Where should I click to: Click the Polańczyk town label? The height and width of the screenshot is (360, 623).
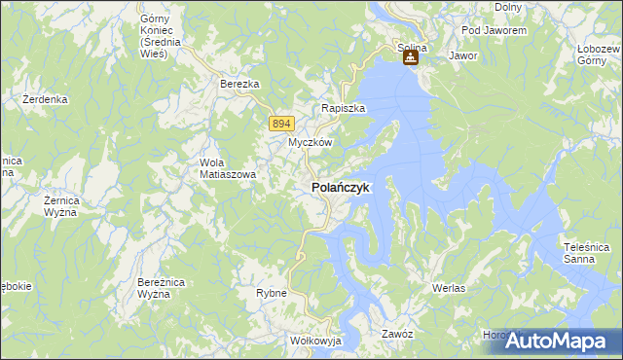(x=340, y=187)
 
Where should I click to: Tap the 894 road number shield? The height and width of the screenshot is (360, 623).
(x=280, y=123)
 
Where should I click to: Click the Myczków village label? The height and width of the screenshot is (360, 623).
(x=311, y=142)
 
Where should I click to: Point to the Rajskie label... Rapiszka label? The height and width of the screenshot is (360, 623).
(x=344, y=109)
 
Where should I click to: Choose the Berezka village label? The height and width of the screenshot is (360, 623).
(x=239, y=85)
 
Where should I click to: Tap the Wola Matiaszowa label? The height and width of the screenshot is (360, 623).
(x=227, y=168)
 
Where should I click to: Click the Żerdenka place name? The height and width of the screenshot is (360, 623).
(x=46, y=99)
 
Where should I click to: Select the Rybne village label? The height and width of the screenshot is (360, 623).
(x=271, y=293)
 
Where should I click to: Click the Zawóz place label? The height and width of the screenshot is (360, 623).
(x=398, y=334)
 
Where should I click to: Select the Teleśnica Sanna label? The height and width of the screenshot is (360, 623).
(x=587, y=253)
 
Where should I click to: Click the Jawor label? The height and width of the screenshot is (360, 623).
(x=462, y=56)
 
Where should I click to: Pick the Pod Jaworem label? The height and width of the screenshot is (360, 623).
(x=494, y=31)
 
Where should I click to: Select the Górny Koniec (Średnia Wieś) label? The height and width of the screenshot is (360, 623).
(x=155, y=36)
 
